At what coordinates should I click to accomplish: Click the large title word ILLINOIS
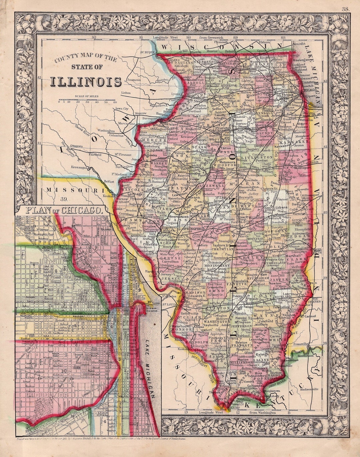point(86,81)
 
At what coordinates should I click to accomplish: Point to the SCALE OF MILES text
point(87,96)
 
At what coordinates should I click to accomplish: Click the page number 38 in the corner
point(345,9)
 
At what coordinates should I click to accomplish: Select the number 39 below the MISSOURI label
point(64,199)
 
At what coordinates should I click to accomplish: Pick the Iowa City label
point(122,109)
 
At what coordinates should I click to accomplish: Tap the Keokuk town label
point(107,196)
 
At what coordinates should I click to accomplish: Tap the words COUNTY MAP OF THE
point(86,59)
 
